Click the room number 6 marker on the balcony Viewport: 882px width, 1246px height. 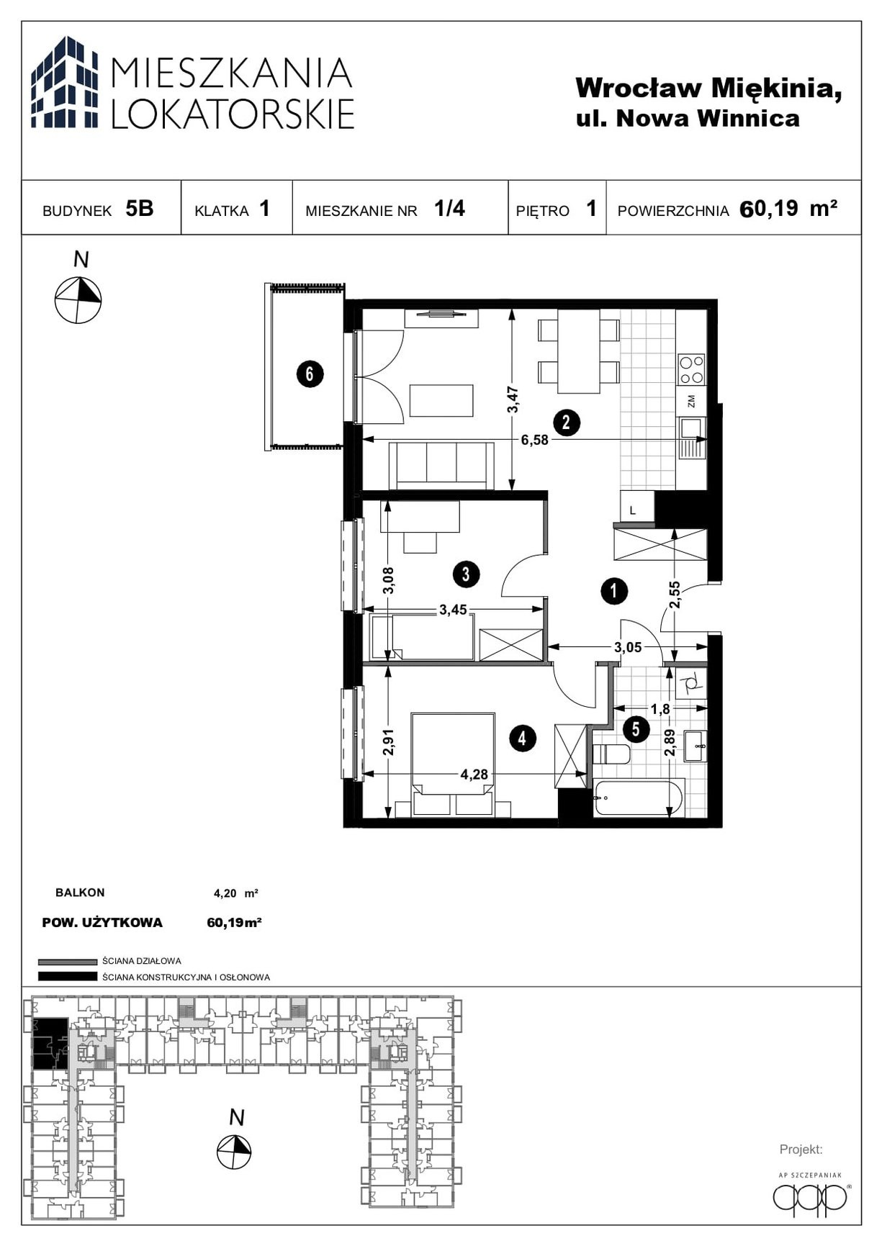[x=310, y=374]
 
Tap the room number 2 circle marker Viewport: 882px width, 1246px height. [x=567, y=422]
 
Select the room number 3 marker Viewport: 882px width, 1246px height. [x=467, y=574]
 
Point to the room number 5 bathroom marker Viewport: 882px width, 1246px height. [x=636, y=729]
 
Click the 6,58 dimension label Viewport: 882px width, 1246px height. [x=534, y=440]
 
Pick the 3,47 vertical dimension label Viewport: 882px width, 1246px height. [x=513, y=399]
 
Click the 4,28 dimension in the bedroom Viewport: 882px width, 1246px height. [x=474, y=775]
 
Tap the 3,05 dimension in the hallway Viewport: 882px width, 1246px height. [x=628, y=647]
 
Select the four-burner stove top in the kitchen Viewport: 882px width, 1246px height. [x=692, y=369]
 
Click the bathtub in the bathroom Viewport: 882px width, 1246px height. [x=638, y=798]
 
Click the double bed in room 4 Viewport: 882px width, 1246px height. [x=453, y=764]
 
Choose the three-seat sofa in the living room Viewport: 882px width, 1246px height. [x=441, y=466]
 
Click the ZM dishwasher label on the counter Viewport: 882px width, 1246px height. [x=691, y=402]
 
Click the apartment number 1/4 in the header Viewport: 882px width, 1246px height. [x=449, y=209]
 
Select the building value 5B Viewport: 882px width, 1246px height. [x=140, y=209]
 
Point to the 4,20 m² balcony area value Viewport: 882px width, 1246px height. [x=236, y=893]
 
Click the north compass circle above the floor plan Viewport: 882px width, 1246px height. [x=78, y=299]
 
